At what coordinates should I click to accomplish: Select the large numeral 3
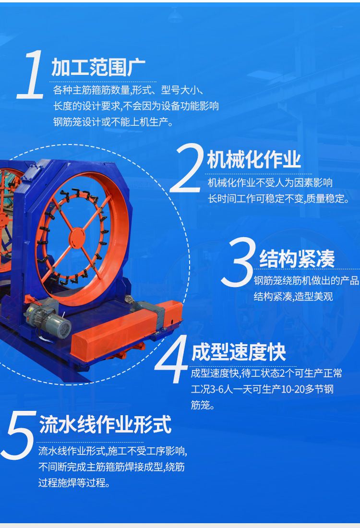[x=238, y=262]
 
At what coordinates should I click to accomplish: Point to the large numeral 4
[x=172, y=359]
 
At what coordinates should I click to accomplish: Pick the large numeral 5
[x=19, y=435]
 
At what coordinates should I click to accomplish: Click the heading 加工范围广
[x=98, y=67]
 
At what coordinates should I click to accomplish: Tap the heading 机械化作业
[x=254, y=160]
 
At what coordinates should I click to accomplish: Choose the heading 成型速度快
[x=239, y=352]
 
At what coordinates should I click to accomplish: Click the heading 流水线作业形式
[x=106, y=424]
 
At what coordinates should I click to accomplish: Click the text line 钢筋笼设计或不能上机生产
[x=113, y=122]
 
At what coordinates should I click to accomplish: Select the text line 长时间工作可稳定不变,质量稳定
[x=278, y=199]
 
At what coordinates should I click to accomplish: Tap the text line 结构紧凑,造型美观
[x=293, y=296]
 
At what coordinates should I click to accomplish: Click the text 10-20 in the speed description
[x=293, y=389]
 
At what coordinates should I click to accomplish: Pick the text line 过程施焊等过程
[x=74, y=483]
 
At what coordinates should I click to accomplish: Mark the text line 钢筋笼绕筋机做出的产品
[x=306, y=280]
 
